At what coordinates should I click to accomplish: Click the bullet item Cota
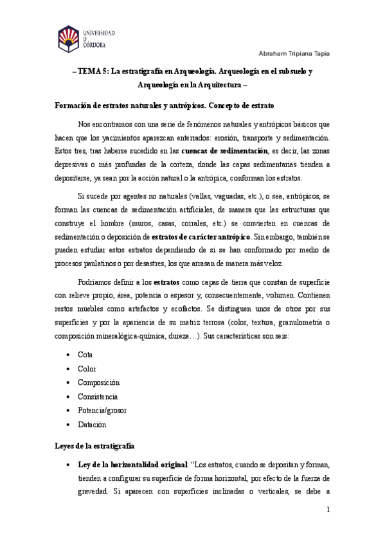[x=85, y=354]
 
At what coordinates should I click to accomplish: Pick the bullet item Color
[x=86, y=368]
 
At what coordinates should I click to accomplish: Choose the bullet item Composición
[x=98, y=382]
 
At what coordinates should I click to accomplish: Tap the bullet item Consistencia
[x=98, y=397]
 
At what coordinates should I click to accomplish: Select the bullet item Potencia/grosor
[x=103, y=411]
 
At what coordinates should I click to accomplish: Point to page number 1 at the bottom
[x=328, y=510]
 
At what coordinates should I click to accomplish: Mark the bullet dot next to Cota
[x=68, y=355]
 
